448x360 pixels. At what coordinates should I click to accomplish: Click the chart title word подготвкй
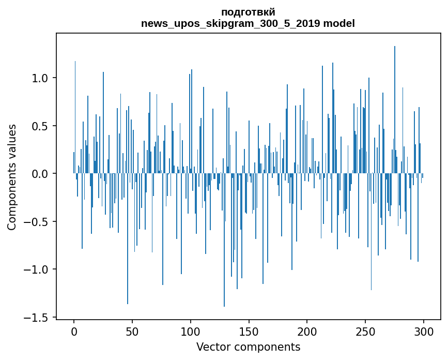coord(248,12)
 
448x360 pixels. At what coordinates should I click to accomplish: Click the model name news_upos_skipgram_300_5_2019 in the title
coord(234,24)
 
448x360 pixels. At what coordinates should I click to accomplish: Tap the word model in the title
coord(342,24)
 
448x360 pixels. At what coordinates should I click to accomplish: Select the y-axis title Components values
coord(12,177)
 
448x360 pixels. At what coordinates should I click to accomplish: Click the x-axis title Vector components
coord(248,347)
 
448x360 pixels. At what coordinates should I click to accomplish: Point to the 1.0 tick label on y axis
coord(40,78)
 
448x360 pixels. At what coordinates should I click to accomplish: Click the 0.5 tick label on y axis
coord(40,126)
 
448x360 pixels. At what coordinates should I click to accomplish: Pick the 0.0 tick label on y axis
coord(40,174)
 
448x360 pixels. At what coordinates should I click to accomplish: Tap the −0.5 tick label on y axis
coord(37,222)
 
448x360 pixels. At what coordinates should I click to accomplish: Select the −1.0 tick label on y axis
coord(37,269)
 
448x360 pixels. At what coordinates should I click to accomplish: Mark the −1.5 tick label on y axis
coord(37,317)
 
